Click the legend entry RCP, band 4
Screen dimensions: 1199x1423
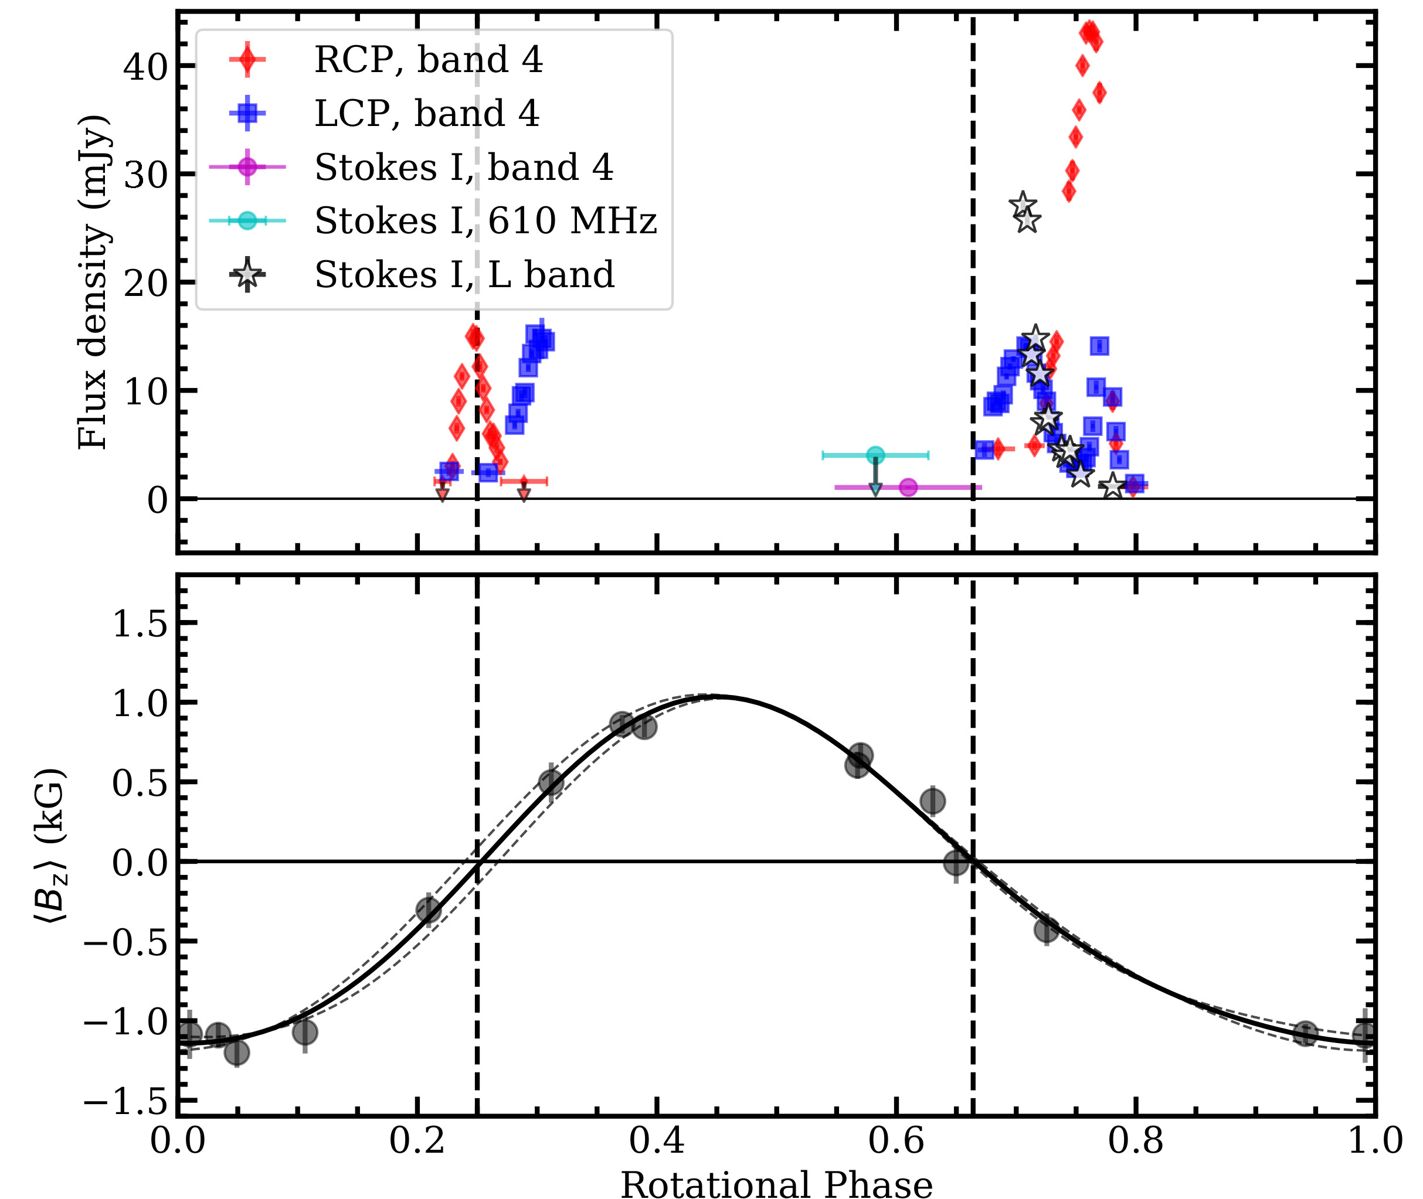pos(429,60)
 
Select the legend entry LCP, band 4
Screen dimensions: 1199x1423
pos(426,114)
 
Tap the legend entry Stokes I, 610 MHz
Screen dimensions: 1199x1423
pos(485,221)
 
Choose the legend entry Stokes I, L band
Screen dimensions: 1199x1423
pos(464,275)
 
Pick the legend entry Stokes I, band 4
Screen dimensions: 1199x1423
pos(464,167)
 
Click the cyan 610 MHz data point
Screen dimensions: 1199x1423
pos(876,455)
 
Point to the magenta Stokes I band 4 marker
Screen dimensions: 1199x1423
pos(908,488)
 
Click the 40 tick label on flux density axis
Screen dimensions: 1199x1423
pos(145,67)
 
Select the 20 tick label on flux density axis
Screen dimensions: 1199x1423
pos(145,283)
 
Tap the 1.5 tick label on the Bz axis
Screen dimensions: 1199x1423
pos(140,624)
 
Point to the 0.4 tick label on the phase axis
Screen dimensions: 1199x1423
pos(656,1140)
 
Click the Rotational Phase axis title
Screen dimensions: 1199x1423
pos(776,1183)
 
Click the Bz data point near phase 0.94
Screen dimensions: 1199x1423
pos(1305,1034)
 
